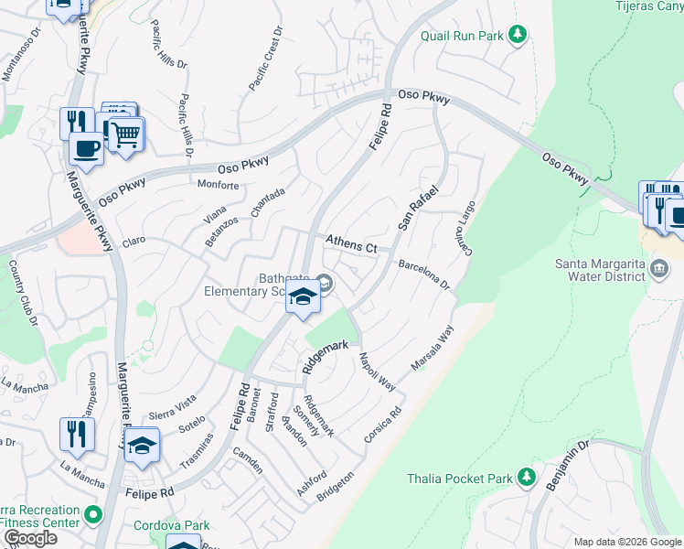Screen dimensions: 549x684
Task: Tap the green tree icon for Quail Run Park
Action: (518, 35)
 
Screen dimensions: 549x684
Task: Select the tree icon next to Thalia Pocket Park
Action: (526, 477)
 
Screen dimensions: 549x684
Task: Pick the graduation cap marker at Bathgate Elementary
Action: (303, 297)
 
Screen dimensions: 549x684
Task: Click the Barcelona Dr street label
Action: (424, 274)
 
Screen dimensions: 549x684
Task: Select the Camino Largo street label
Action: (462, 229)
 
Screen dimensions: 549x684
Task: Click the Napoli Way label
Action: (377, 371)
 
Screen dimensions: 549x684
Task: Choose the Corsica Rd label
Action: (383, 425)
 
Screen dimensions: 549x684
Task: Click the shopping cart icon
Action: (126, 135)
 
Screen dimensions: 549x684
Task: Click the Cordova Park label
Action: (171, 525)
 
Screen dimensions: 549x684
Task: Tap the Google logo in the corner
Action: (30, 538)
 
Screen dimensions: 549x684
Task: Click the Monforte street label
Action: (219, 185)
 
